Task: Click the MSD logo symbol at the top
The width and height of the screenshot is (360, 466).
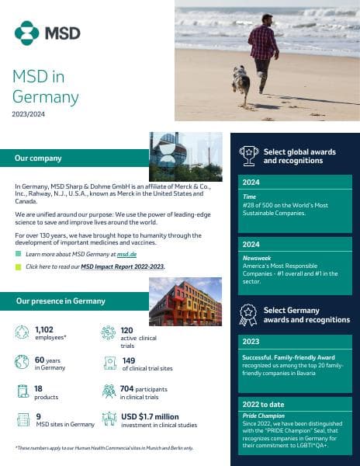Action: pos(26,33)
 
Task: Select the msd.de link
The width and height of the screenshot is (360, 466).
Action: pos(126,254)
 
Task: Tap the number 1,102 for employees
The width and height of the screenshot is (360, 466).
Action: pos(44,330)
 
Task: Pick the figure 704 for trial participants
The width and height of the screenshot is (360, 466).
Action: pos(129,388)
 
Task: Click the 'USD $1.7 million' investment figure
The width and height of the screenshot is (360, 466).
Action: pos(150,417)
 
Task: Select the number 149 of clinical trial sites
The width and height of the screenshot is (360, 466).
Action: pos(129,360)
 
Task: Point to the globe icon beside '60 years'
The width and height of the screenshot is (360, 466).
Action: pos(22,362)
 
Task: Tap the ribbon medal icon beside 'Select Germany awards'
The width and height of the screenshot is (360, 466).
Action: pos(248,315)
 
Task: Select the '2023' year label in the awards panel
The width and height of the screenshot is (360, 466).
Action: pos(251,341)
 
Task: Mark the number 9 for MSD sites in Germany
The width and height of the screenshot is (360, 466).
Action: pos(38,417)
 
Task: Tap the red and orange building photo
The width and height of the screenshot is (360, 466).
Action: pos(185,301)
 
